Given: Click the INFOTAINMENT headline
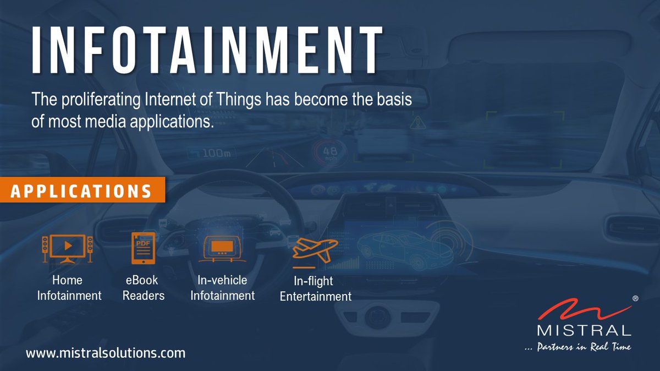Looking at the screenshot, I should (x=207, y=50).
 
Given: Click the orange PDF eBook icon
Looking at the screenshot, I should (x=143, y=248).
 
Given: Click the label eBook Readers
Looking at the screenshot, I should (x=144, y=288).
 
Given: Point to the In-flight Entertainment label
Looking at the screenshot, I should (x=315, y=289).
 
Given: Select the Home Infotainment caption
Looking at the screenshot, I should (x=69, y=288).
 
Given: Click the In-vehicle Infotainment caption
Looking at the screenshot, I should (x=222, y=288).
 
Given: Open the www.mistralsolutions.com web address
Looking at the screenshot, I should (x=106, y=353).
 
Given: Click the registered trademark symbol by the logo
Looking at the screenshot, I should (x=635, y=298).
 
